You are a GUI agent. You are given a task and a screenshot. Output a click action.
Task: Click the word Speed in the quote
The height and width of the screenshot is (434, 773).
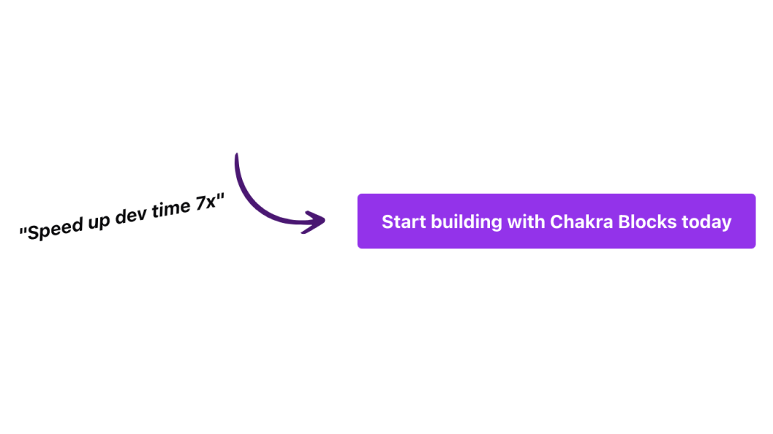(56, 227)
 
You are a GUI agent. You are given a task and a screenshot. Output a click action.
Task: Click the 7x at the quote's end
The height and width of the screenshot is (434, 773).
(206, 202)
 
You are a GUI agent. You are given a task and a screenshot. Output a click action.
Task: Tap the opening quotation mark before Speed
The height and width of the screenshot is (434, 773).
(23, 231)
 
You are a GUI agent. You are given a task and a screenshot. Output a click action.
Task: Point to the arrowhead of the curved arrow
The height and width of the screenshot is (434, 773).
(315, 221)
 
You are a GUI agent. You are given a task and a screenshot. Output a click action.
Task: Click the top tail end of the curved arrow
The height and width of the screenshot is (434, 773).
(237, 155)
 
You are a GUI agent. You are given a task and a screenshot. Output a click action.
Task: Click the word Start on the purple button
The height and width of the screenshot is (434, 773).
(404, 221)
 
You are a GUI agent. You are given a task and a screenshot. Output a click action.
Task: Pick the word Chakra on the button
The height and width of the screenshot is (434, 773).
(581, 221)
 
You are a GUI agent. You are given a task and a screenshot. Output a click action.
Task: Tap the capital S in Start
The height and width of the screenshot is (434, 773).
(387, 221)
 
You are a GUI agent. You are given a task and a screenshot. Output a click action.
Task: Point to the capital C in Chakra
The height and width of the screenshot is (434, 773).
(556, 221)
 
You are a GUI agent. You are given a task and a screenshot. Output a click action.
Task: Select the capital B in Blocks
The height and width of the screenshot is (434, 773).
(624, 221)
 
